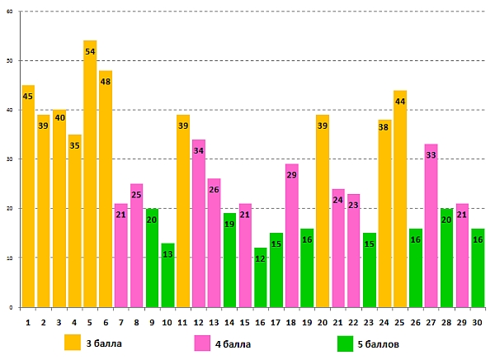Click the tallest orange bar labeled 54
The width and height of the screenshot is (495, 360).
point(90,173)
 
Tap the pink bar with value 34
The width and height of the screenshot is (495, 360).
point(198,223)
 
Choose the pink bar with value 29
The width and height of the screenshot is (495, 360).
point(291,235)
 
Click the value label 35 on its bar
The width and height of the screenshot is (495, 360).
point(74,146)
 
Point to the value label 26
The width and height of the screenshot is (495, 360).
point(214,190)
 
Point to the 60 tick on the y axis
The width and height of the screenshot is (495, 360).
point(9,12)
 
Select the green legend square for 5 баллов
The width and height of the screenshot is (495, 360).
point(346,342)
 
